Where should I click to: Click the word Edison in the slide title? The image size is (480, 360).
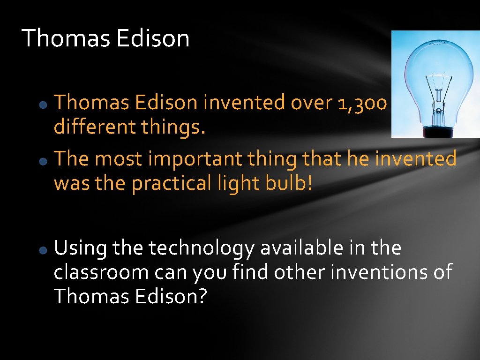pos(153,38)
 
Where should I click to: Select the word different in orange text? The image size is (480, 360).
pos(89,127)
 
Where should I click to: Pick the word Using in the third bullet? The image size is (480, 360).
pos(80,248)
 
